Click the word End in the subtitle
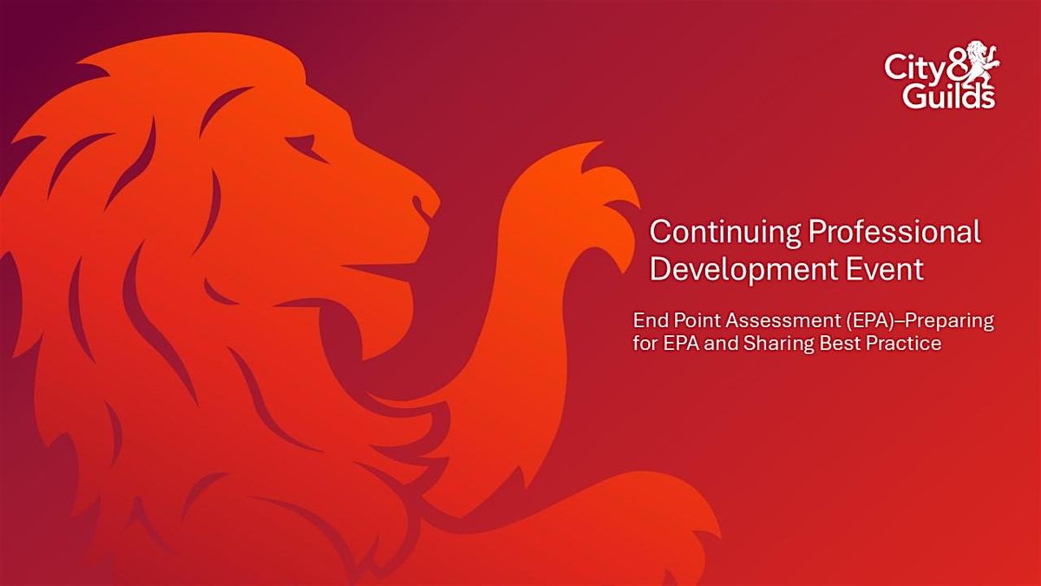click(647, 321)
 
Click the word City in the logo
click(908, 69)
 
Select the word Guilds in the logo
click(948, 95)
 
